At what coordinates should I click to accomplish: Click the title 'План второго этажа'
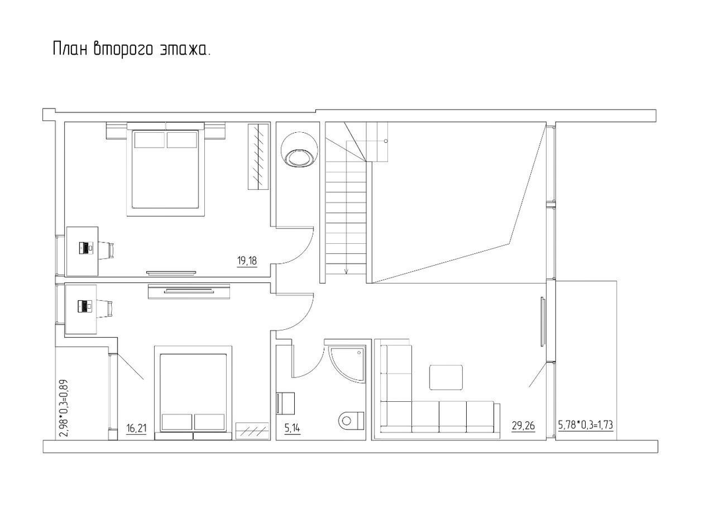click(x=132, y=50)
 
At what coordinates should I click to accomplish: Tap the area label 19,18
click(x=247, y=261)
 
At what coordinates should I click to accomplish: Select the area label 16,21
click(x=136, y=428)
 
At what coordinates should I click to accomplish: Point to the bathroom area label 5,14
click(x=292, y=428)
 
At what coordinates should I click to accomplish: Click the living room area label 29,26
click(x=523, y=426)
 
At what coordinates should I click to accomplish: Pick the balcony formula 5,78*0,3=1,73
click(x=586, y=425)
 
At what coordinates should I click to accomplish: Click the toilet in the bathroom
click(x=351, y=419)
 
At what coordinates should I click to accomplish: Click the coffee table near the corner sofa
click(x=446, y=377)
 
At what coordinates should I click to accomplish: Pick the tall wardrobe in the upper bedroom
click(x=258, y=156)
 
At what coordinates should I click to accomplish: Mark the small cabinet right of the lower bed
click(x=253, y=431)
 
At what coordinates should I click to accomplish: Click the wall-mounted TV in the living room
click(x=543, y=321)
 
